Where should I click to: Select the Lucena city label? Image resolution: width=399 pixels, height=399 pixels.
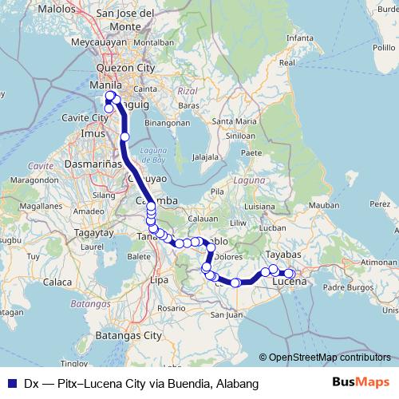click(x=290, y=282)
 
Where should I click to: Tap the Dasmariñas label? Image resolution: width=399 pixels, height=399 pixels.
click(x=94, y=162)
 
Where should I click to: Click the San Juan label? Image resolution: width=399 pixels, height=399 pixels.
click(x=226, y=314)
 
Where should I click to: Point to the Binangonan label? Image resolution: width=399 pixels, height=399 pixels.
click(x=168, y=124)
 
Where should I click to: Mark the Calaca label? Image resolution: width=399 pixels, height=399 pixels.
click(x=57, y=282)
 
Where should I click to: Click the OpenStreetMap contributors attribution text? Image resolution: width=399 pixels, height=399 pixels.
click(x=330, y=357)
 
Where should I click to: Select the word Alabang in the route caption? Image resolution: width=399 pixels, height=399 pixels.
click(x=236, y=384)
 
